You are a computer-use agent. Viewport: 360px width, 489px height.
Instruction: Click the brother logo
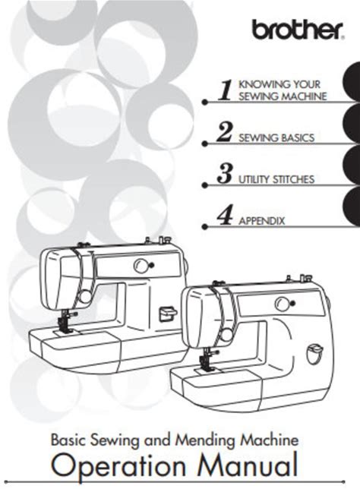(298, 30)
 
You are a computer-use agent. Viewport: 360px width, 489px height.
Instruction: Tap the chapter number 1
(225, 90)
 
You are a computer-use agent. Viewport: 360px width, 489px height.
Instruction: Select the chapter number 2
(225, 132)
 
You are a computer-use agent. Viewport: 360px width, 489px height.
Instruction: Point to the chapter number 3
(225, 174)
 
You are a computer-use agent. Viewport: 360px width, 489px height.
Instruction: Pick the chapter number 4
(225, 216)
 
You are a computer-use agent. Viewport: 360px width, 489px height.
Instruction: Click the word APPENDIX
(262, 221)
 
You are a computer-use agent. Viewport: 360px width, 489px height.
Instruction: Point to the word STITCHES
(293, 180)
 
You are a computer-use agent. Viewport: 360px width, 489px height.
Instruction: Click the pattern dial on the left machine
(141, 266)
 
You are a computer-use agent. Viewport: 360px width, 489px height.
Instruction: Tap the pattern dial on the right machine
(281, 303)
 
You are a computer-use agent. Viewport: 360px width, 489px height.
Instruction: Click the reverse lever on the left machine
(168, 314)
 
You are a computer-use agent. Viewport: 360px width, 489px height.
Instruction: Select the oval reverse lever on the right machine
(314, 354)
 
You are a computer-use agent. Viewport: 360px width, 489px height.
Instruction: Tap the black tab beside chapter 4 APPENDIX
(352, 207)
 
